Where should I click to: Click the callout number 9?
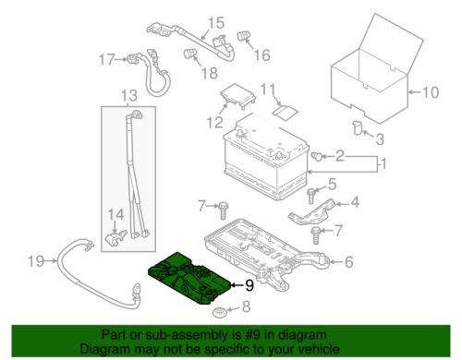point(249,285)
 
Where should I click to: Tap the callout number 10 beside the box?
point(430,92)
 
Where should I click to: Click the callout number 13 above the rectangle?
point(129,96)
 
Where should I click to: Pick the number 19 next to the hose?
point(36,261)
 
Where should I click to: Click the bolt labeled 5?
point(310,196)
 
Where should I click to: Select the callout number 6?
point(349,262)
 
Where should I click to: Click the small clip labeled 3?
point(358,127)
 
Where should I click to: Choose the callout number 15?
point(216,23)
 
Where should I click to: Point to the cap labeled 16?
point(244,36)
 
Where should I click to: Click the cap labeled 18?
point(190,54)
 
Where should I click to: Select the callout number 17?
point(107,59)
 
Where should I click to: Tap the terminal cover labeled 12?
point(238,95)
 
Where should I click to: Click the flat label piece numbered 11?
point(286,111)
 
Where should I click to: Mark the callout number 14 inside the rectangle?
point(115,214)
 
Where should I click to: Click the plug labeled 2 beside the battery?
point(317,156)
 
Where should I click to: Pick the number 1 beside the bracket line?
point(383,164)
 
